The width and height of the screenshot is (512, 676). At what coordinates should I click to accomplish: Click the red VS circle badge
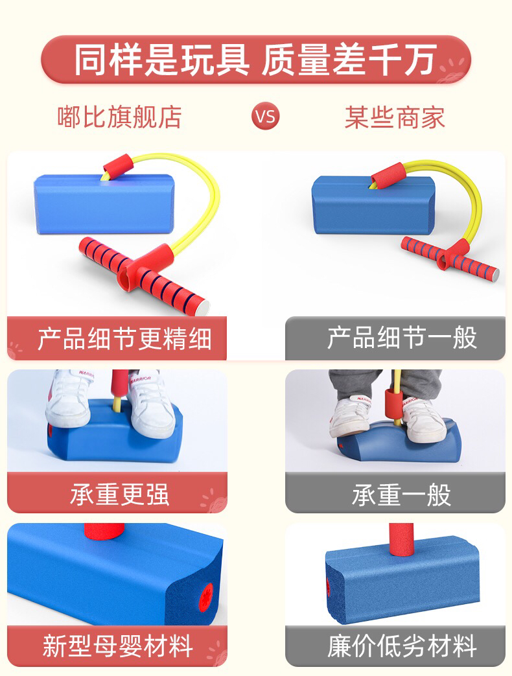[266, 116]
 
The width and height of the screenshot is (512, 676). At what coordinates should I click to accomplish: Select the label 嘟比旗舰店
[119, 117]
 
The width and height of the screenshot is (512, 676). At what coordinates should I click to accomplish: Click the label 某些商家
[394, 117]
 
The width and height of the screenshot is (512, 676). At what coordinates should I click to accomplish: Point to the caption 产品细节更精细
[124, 339]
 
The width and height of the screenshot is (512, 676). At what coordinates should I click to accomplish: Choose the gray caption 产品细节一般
[402, 338]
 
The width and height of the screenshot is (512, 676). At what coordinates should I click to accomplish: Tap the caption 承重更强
[119, 494]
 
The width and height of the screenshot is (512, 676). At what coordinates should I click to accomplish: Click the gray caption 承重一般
[401, 495]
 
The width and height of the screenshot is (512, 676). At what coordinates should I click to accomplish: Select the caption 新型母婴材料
[117, 646]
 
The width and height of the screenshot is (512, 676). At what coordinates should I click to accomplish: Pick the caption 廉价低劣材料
[402, 646]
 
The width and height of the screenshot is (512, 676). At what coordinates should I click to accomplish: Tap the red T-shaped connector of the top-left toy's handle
[145, 267]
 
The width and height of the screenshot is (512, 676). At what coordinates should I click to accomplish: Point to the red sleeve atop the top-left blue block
[117, 165]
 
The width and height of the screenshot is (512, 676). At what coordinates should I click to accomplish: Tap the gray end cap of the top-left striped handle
[204, 307]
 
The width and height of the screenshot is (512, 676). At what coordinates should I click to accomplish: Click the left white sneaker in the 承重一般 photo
[351, 415]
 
